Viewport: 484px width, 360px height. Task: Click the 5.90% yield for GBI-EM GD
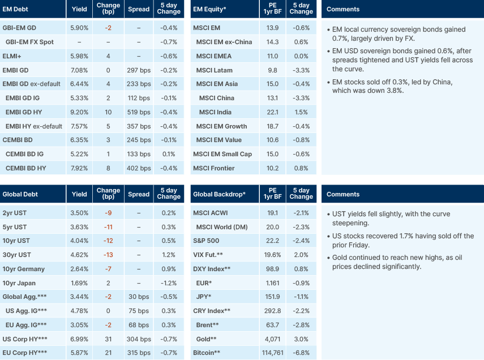[x=79, y=28]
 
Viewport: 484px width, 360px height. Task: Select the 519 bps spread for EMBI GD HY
[x=139, y=112]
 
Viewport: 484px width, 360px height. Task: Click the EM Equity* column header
[x=211, y=9]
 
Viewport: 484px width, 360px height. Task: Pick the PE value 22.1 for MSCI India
[x=272, y=112]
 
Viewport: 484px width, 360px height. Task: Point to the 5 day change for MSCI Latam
[x=301, y=70]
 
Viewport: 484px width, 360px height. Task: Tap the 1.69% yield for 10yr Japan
[x=79, y=283]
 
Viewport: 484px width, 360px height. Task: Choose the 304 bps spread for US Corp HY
[x=139, y=339]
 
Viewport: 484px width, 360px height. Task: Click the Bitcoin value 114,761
[x=272, y=353]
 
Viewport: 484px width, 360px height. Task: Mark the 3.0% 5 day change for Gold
[x=301, y=339]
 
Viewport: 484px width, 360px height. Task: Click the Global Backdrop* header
[x=219, y=194]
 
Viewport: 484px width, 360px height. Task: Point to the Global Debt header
[x=21, y=194]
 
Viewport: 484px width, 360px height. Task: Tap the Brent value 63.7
[x=272, y=325]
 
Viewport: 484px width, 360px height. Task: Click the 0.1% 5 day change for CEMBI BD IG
[x=168, y=154]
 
